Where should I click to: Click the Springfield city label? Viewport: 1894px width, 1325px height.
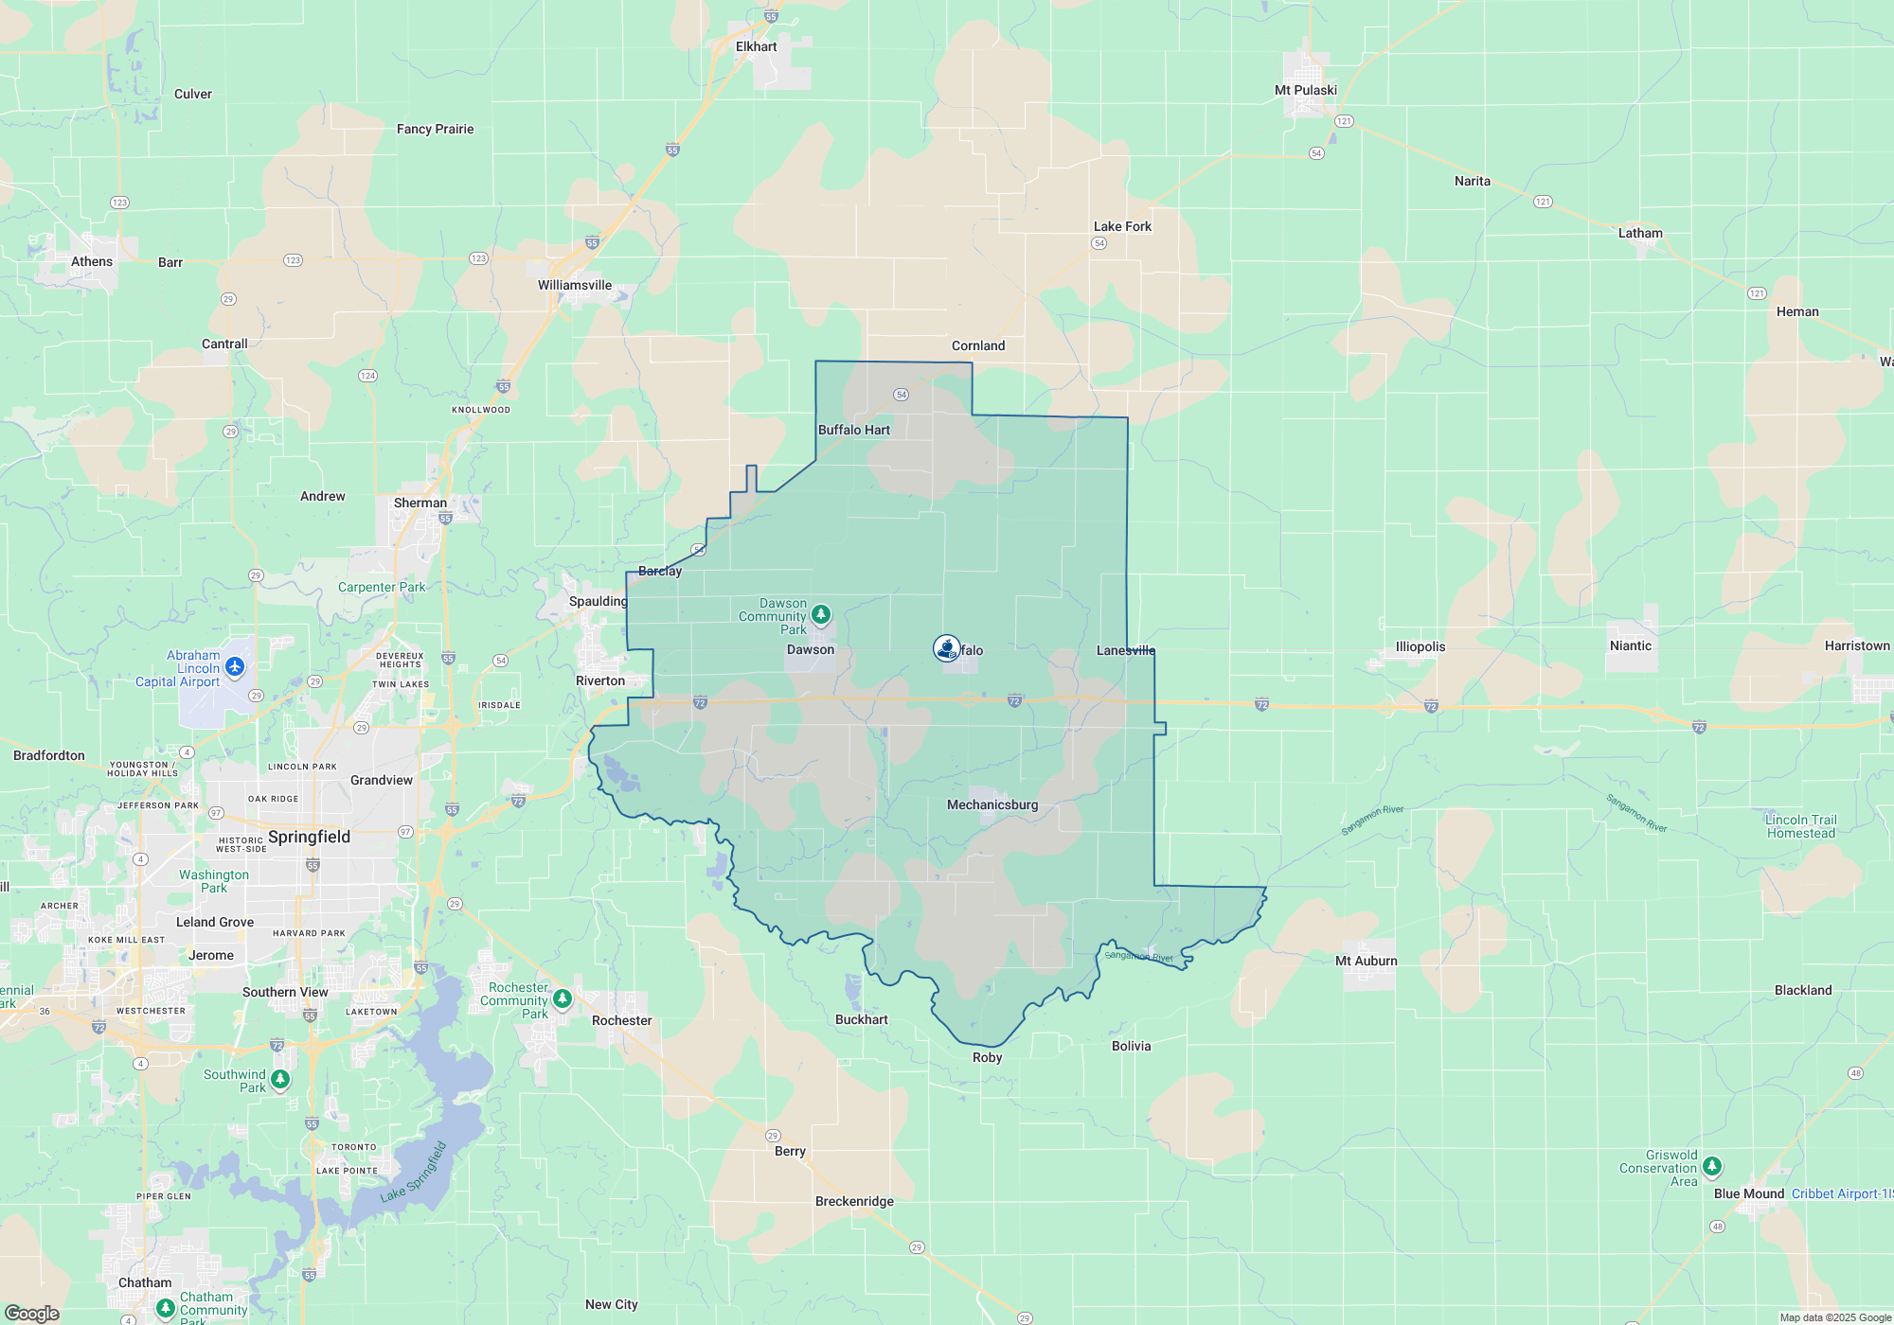309,837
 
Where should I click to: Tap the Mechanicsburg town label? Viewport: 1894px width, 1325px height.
992,804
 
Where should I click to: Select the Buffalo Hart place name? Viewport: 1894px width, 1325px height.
853,430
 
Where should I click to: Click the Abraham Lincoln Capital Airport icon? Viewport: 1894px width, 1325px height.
235,667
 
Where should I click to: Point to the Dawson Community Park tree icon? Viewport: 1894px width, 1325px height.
821,615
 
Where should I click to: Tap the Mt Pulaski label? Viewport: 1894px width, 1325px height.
1305,90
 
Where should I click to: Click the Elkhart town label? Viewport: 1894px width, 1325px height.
756,46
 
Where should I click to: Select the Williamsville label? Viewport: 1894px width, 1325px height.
574,285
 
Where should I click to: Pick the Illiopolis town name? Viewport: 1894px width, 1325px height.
1420,646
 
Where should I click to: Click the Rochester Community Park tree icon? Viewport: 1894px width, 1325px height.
563,998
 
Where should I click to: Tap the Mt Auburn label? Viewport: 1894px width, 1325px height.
1366,961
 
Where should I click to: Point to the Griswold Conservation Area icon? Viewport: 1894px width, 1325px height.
1711,1166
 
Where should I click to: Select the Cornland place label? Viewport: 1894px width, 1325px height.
977,345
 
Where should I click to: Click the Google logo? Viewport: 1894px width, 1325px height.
32,1313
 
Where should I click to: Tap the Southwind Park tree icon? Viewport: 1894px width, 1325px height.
280,1079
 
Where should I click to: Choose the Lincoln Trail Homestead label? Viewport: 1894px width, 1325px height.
1800,826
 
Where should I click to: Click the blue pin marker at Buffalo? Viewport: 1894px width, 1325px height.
946,648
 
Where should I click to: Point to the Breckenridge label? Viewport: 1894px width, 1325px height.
854,1201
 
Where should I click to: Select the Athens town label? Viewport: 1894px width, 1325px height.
92,261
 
